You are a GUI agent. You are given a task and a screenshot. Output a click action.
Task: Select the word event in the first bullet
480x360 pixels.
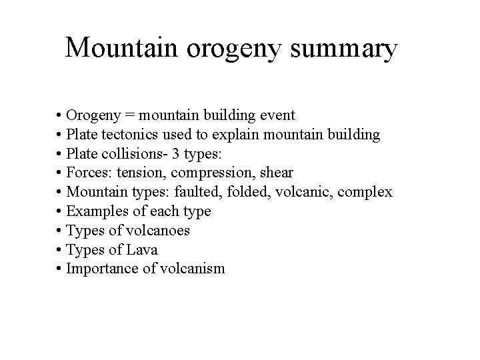(273, 115)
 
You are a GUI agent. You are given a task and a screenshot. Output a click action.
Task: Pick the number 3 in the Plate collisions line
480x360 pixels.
(174, 154)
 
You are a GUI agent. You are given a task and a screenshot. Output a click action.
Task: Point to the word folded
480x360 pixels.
(245, 193)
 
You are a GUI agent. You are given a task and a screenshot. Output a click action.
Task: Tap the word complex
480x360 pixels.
(366, 193)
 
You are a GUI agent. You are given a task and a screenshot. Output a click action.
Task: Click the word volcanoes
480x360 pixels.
(157, 231)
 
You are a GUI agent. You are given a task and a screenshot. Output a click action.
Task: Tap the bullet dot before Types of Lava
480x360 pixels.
(60, 250)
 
